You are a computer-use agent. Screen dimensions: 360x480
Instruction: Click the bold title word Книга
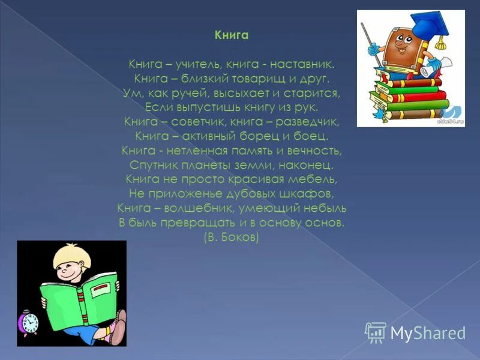point(232,35)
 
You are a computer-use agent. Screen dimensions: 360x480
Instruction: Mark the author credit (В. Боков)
point(232,238)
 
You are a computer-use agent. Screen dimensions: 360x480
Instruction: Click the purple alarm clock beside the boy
point(28,322)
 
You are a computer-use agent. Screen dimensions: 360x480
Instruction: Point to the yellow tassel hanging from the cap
point(442,42)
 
